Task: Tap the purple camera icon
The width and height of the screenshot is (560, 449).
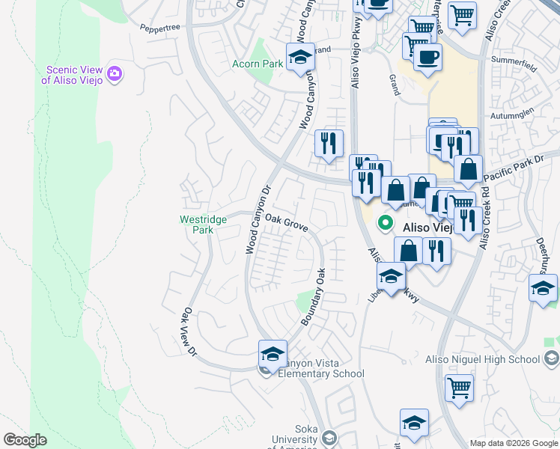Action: [115, 73]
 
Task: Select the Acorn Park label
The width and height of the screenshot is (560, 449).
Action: [258, 64]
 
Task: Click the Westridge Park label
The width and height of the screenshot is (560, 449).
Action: [197, 224]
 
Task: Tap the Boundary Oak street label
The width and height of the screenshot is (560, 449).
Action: [314, 296]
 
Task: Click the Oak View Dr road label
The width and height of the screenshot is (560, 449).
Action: [190, 331]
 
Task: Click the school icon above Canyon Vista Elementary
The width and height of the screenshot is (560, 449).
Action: [273, 353]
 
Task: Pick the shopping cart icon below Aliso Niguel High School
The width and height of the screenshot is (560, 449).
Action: [459, 388]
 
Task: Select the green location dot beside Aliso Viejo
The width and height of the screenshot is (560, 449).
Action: [386, 222]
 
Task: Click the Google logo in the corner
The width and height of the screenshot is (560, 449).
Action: [25, 440]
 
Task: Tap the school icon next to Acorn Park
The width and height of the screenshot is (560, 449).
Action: [299, 57]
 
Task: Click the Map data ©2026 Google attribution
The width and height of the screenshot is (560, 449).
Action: [513, 443]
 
